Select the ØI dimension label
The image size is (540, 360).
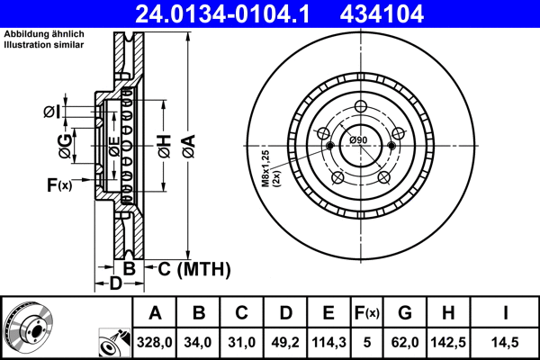51,112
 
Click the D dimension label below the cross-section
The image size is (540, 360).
114,284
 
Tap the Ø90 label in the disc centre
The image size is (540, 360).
358,140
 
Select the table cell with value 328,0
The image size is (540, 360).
155,342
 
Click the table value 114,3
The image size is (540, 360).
328,342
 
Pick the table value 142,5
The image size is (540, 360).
446,342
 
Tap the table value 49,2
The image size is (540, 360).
285,342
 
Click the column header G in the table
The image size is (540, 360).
405,313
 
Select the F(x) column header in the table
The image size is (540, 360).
366,313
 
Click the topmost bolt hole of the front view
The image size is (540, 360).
358,105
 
